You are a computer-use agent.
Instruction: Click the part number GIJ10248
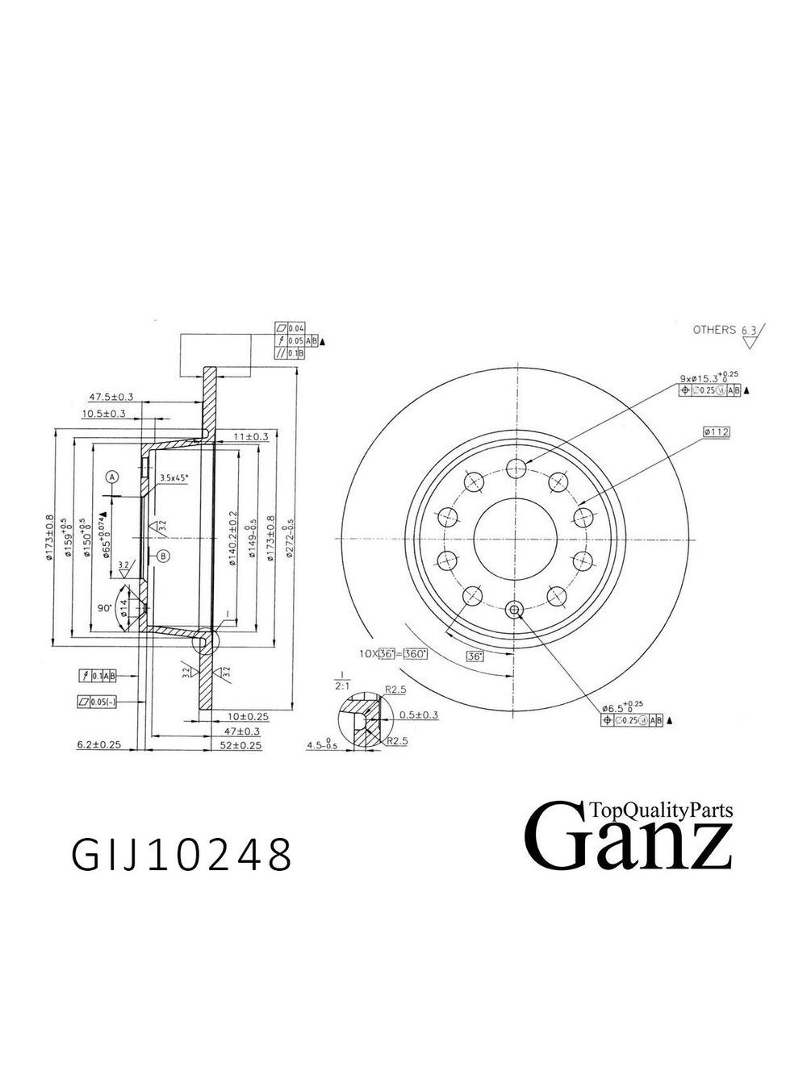tap(182, 855)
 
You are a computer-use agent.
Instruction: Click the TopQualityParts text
tap(661, 810)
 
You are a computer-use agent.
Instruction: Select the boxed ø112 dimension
tap(716, 432)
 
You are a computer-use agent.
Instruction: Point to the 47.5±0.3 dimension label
tap(111, 397)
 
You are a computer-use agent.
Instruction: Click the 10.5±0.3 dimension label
tap(103, 414)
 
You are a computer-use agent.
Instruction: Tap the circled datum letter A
tap(112, 477)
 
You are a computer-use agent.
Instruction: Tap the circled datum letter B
tap(163, 556)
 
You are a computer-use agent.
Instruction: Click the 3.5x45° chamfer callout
tap(174, 477)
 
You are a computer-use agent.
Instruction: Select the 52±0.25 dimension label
tap(240, 745)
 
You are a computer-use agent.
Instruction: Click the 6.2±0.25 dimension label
tap(98, 745)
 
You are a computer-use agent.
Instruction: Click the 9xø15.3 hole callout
tap(709, 377)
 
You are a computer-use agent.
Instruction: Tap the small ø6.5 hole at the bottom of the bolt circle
tap(514, 610)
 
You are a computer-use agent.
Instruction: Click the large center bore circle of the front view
tap(514, 539)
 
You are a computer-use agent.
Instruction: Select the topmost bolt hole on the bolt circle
tap(514, 467)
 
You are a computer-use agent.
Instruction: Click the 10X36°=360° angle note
tap(393, 653)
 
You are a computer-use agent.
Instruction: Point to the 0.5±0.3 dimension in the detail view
tap(419, 715)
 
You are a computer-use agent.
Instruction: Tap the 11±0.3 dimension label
tap(250, 436)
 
